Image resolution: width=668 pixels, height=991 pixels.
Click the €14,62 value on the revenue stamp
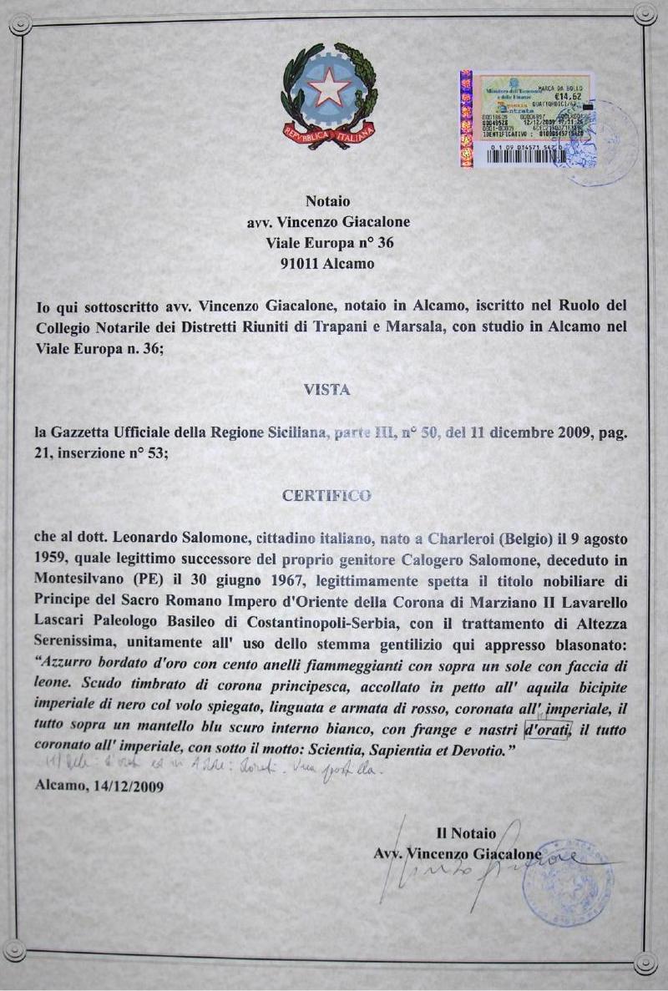pos(574,96)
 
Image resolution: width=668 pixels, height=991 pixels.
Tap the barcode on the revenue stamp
pos(525,155)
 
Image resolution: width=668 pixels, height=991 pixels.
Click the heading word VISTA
pos(327,389)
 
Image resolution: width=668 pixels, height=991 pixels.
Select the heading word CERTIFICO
pos(326,495)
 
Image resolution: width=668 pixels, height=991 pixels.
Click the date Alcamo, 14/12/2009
pos(100,785)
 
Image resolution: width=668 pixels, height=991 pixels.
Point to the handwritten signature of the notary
pos(468,868)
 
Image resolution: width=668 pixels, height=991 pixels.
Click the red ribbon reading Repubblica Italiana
pos(328,134)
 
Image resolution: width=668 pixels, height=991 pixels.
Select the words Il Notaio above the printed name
pos(466,833)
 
